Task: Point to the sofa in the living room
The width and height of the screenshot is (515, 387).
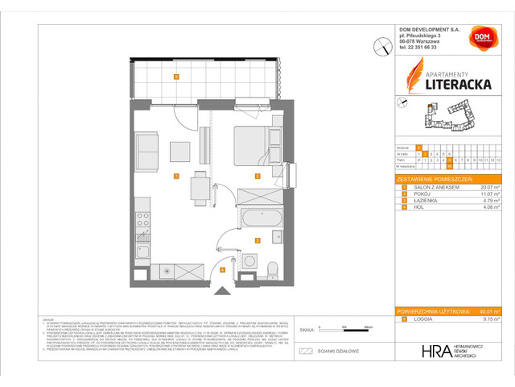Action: point(147,149)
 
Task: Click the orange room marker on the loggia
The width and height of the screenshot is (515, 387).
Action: point(175,77)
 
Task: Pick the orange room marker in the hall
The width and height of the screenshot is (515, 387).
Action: point(223,270)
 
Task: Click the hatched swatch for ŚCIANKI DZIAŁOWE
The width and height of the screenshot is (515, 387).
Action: point(304,351)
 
